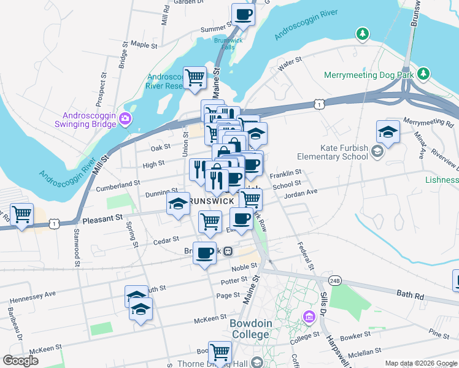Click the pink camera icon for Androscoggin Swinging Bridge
[126, 118]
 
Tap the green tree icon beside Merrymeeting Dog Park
[423, 74]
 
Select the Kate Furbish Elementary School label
[344, 152]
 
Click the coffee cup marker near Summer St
[242, 15]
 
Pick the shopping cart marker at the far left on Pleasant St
[21, 215]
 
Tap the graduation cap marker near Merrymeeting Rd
[388, 131]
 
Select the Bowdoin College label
[250, 329]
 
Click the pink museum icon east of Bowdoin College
[309, 316]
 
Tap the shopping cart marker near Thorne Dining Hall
[220, 352]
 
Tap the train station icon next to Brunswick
[227, 251]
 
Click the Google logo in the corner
[20, 360]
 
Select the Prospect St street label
[98, 90]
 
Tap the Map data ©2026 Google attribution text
[421, 363]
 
